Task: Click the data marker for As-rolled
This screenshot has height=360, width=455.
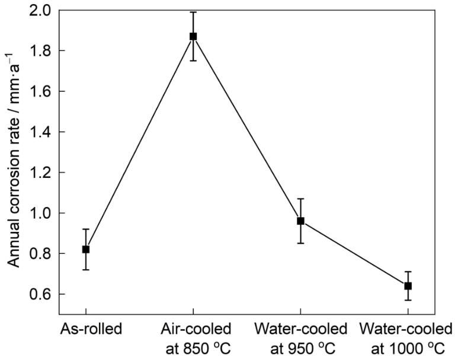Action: tap(86, 249)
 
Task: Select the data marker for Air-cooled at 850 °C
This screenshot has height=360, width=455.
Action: tap(193, 36)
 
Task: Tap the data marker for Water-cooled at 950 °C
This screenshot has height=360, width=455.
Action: tap(300, 221)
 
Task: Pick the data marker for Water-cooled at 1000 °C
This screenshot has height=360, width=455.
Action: tap(408, 286)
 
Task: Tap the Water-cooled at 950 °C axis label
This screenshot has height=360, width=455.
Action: tap(300, 336)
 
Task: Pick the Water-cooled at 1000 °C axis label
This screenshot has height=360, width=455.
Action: tap(408, 336)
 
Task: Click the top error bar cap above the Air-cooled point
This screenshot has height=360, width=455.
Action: tap(193, 12)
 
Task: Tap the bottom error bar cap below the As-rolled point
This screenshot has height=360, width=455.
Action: tap(86, 270)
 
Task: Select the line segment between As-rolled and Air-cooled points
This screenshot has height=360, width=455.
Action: tap(139, 143)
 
